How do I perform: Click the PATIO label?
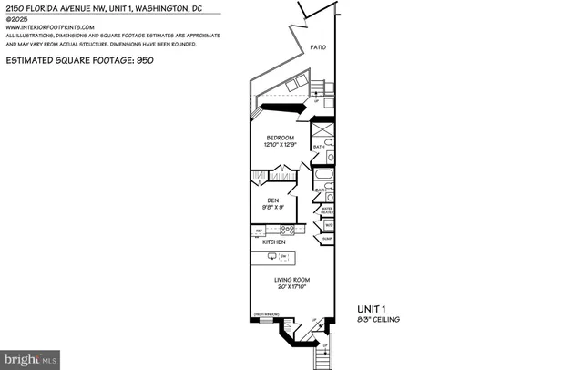[x=317, y=46]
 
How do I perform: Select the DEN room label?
[x=272, y=200]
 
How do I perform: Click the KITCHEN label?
[x=274, y=242]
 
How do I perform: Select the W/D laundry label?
[x=328, y=224]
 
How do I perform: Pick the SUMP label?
[x=328, y=238]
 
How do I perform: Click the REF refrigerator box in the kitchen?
[x=259, y=231]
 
